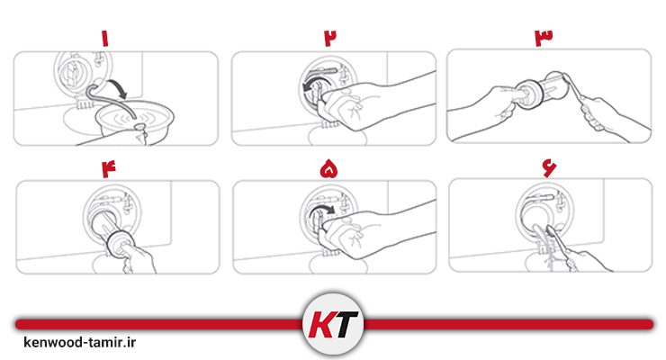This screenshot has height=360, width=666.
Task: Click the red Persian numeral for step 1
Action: click(x=105, y=38)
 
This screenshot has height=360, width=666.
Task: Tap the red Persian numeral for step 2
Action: click(x=330, y=38)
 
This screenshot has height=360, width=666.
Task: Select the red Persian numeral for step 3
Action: click(x=544, y=38)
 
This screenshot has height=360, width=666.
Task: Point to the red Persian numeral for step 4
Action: click(x=108, y=169)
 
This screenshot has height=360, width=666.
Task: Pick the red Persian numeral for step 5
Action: click(x=329, y=169)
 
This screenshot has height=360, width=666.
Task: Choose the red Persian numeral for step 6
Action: click(x=549, y=168)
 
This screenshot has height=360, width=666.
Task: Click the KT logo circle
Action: click(x=333, y=324)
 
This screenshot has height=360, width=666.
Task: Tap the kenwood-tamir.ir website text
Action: click(x=80, y=342)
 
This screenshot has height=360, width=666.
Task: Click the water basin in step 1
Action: click(x=134, y=120)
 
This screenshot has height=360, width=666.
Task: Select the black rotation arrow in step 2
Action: click(x=314, y=82)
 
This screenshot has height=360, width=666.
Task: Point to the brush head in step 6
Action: click(x=551, y=230)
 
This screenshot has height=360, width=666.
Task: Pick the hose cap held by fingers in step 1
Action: click(x=139, y=127)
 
